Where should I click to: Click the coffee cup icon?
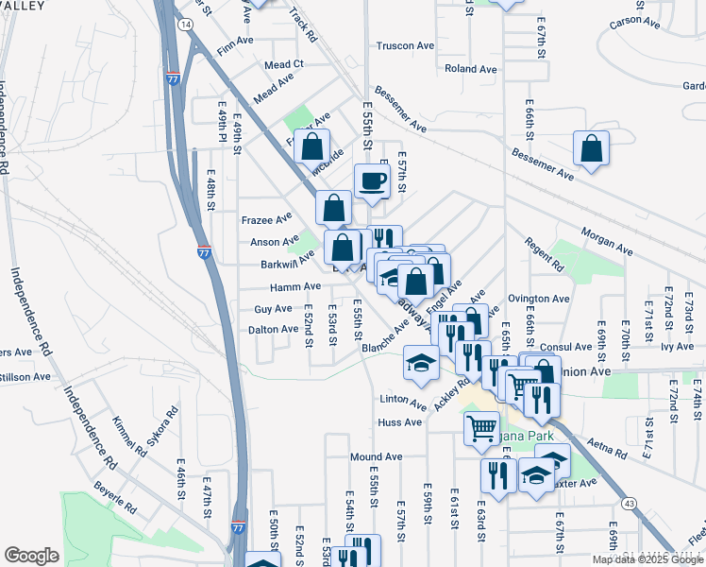tap(372, 180)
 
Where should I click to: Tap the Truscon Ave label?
tap(405, 45)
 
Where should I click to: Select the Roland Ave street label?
tap(470, 69)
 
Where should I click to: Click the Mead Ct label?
tap(283, 64)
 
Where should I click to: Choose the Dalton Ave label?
tap(273, 329)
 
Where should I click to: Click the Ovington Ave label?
tap(539, 299)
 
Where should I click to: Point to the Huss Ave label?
tap(399, 422)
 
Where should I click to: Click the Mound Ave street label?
tap(376, 456)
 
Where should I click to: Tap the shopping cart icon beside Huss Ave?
tap(481, 428)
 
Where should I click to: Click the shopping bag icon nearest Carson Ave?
tap(591, 148)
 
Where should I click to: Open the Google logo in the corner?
tap(31, 556)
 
